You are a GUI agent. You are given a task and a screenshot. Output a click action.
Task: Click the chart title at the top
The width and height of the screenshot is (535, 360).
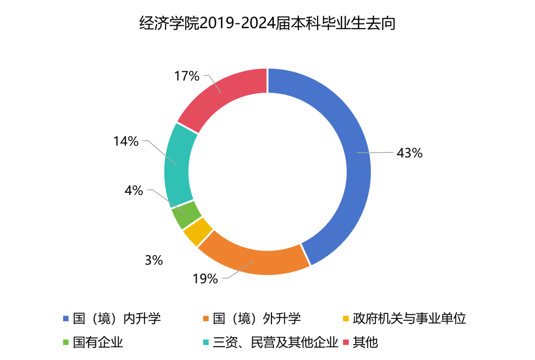point(267,23)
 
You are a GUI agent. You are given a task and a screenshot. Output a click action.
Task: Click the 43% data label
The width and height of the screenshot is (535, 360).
point(409,153)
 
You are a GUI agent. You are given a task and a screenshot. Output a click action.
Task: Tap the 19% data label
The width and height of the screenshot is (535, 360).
point(205,279)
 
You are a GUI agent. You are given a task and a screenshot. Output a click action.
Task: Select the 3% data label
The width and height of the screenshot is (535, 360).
point(154,260)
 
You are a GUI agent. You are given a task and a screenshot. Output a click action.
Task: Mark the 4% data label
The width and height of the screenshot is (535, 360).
point(134,190)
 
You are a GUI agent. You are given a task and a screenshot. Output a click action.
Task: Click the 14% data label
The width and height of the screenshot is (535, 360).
point(126,141)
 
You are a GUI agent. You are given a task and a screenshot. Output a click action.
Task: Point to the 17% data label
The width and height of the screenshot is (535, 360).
point(187,76)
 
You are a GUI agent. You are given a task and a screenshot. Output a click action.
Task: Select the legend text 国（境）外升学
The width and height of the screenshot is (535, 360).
point(257,318)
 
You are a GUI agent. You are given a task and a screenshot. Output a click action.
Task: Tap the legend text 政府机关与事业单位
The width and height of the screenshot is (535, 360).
point(409,318)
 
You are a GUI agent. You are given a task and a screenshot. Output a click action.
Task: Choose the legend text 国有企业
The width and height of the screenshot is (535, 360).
point(98,342)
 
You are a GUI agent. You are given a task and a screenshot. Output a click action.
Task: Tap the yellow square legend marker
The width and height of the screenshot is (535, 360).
point(346,319)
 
